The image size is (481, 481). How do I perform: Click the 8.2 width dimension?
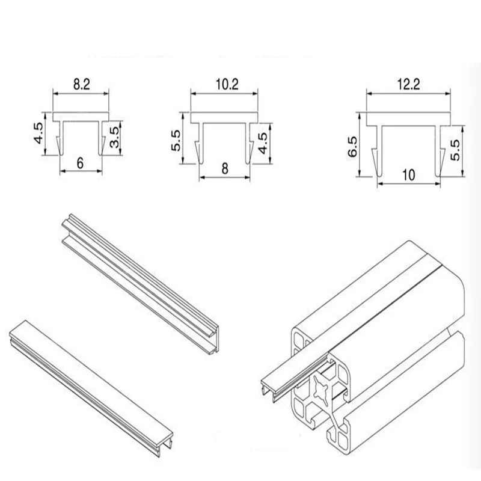tap(81, 85)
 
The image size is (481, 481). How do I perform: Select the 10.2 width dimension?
tap(225, 85)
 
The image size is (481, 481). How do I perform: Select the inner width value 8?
tap(225, 170)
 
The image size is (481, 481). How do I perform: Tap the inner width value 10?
tap(408, 176)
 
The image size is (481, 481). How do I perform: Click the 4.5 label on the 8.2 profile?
tap(38, 133)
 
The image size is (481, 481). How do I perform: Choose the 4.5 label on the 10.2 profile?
tap(263, 143)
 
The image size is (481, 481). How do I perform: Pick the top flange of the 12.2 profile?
tap(408, 120)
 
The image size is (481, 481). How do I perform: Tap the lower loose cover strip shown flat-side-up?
tap(90, 376)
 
